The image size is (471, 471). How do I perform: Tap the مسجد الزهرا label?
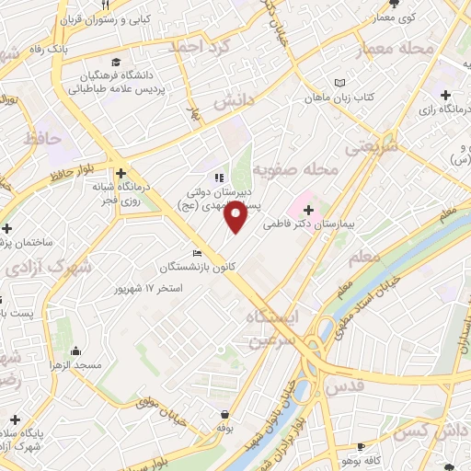[75, 366]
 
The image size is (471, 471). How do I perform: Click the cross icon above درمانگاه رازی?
[445, 95]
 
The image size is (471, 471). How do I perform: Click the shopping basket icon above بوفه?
[224, 414]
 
